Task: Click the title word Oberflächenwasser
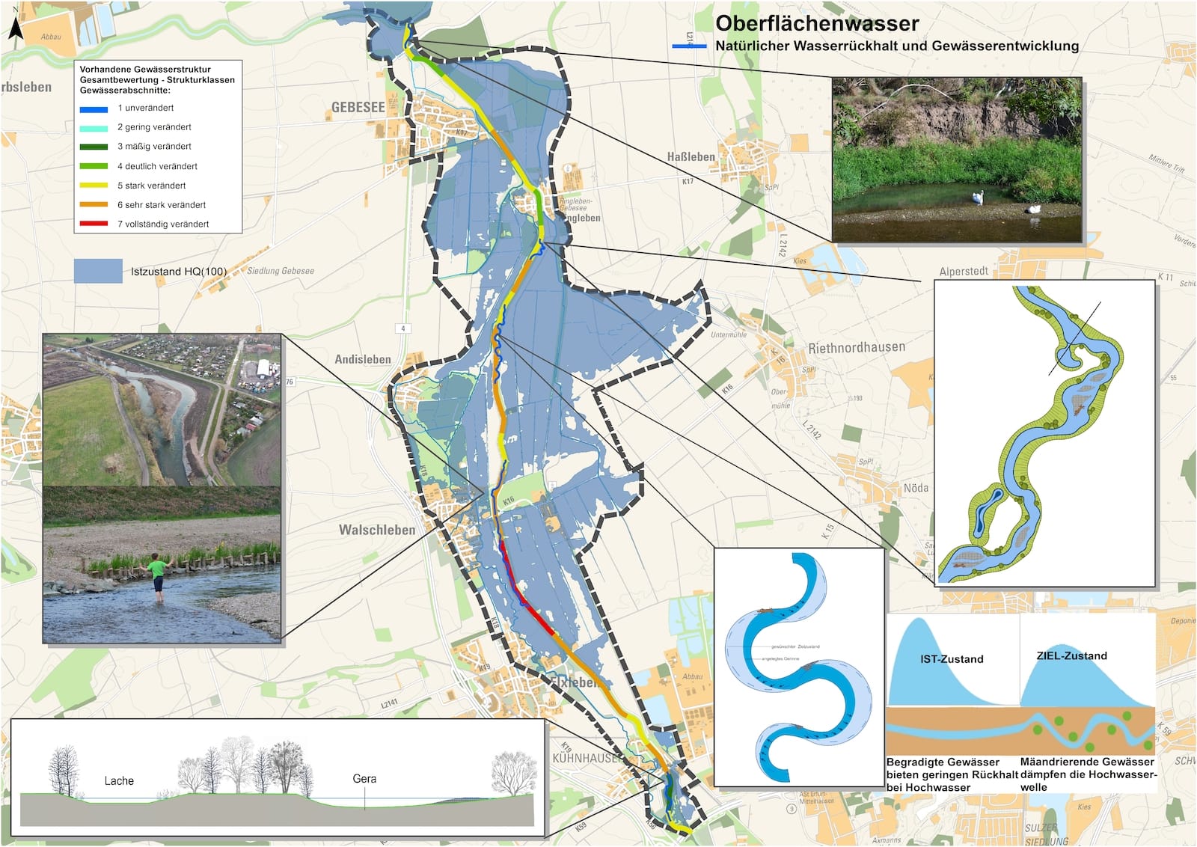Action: (817, 23)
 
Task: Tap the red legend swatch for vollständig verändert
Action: (94, 224)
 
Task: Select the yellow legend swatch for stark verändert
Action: (94, 185)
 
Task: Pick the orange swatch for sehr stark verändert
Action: (94, 204)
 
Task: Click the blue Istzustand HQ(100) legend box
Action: (98, 271)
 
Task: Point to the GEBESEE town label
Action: (358, 108)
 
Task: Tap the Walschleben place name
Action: (376, 530)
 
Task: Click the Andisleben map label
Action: (363, 359)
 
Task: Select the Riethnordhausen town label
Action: (857, 347)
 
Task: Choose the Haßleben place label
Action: (691, 156)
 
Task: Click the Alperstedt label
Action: (964, 271)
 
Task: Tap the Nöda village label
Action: (916, 488)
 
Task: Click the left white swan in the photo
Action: (977, 198)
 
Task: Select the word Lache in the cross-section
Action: (119, 780)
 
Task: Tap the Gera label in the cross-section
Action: (364, 778)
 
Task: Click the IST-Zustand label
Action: (952, 658)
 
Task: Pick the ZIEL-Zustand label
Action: (1071, 655)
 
